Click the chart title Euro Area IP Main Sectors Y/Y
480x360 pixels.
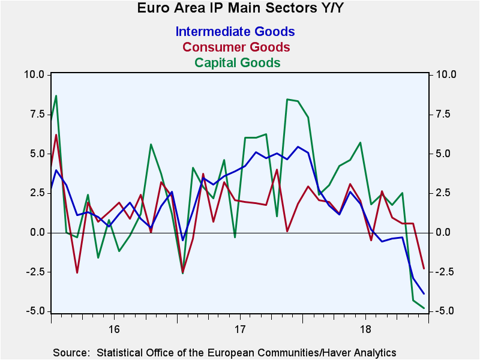tap(241, 8)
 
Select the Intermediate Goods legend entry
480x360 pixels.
tap(235, 32)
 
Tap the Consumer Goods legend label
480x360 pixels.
tap(236, 47)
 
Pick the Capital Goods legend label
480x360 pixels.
tap(238, 63)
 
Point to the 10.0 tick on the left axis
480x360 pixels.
tap(34, 74)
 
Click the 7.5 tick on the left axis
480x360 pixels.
tap(37, 114)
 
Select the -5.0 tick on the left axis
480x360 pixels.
tap(35, 311)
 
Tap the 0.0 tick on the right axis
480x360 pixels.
tap(442, 233)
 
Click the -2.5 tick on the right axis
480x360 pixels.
tap(444, 272)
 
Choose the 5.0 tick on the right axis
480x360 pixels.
tap(442, 154)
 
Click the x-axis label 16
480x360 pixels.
tap(114, 329)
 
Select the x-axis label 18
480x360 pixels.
tap(365, 329)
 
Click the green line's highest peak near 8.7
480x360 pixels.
tap(56, 96)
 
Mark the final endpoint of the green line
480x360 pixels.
tap(424, 308)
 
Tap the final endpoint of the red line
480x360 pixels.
tap(424, 268)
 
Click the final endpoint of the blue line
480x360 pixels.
tap(424, 293)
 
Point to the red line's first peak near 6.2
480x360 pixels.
tap(56, 134)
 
